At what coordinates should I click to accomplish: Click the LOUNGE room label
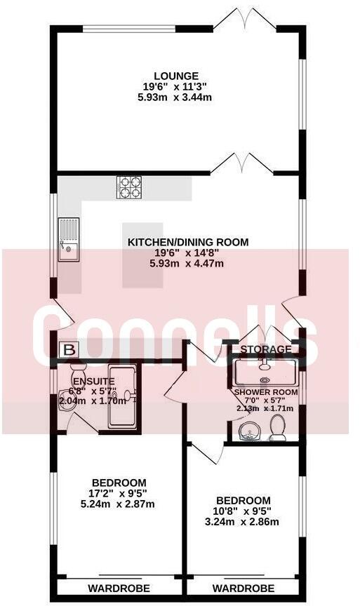point(177,76)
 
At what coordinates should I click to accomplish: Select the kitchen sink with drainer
point(69,238)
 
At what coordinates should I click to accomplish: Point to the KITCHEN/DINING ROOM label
point(187,243)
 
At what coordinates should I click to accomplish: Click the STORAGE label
point(265,349)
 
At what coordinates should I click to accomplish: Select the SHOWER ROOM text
point(266,392)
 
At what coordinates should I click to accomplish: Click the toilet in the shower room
point(278,427)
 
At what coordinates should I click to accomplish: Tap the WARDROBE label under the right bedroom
point(244,588)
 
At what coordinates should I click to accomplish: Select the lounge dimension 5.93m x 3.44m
point(177,97)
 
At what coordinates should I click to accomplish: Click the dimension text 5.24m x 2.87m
point(118,504)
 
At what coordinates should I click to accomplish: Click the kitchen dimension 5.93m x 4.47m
point(187,264)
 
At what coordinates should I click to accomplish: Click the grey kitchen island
point(136,255)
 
